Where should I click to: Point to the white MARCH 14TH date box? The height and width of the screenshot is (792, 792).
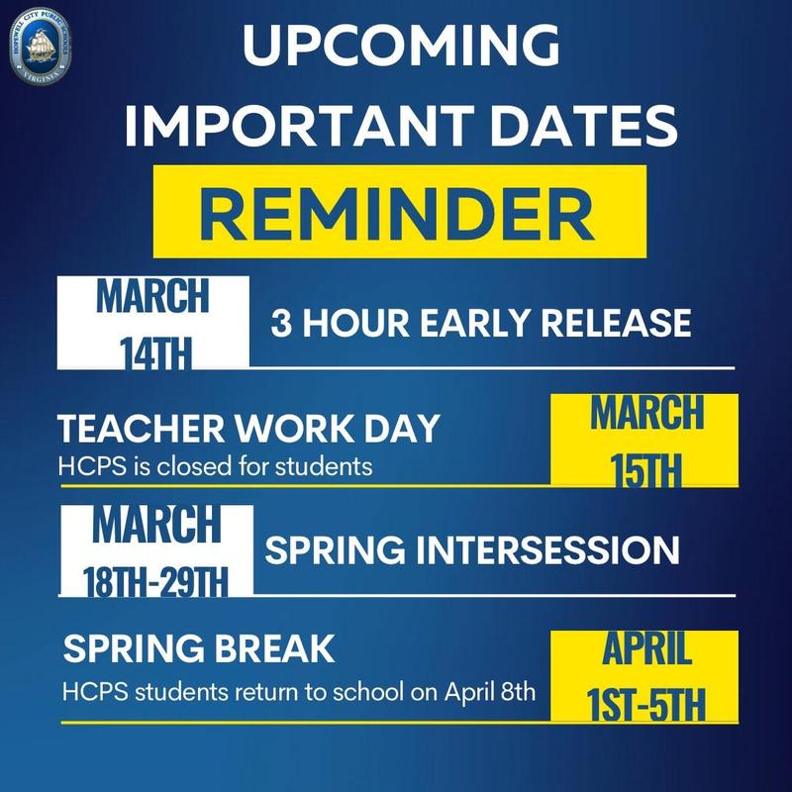click(x=154, y=323)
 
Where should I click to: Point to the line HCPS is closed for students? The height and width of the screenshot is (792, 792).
click(x=215, y=465)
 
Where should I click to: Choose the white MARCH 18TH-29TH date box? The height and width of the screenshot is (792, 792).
click(x=156, y=550)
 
